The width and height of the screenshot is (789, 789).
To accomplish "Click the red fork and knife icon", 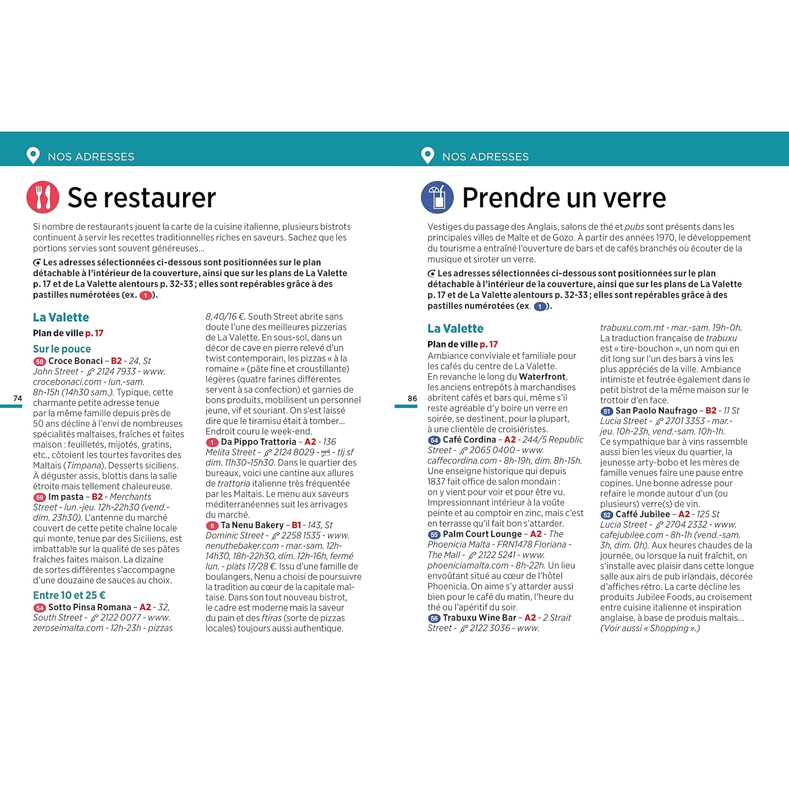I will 43,197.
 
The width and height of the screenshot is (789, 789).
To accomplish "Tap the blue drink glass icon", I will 437,197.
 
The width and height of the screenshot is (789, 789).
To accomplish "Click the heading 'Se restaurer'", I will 141,198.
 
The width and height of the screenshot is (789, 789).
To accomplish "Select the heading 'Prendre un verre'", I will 564,198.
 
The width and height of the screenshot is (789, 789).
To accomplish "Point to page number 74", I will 18,398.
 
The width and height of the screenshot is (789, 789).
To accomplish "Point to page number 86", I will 412,398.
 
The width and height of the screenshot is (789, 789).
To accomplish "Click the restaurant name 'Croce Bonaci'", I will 75,361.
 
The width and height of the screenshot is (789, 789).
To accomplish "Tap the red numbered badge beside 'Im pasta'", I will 39,497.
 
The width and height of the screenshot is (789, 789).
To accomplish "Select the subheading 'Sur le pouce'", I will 62,349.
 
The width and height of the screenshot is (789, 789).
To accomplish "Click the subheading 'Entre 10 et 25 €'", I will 69,595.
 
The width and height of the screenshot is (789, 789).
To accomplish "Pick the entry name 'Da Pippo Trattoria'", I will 258,442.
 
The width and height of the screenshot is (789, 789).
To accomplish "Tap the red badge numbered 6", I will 212,525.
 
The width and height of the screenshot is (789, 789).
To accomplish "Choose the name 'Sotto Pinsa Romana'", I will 89,607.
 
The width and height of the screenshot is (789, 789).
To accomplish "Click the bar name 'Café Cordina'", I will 469,439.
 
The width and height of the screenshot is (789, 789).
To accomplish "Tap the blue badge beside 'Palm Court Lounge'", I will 434,534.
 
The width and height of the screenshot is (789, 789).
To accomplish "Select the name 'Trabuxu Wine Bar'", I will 479,618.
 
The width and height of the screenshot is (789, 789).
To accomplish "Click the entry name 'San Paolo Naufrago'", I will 656,410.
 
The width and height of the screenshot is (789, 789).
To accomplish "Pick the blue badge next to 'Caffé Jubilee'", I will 607,514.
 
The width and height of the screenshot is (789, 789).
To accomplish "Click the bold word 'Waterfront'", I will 542,377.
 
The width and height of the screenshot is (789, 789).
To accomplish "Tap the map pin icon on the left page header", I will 33,156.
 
